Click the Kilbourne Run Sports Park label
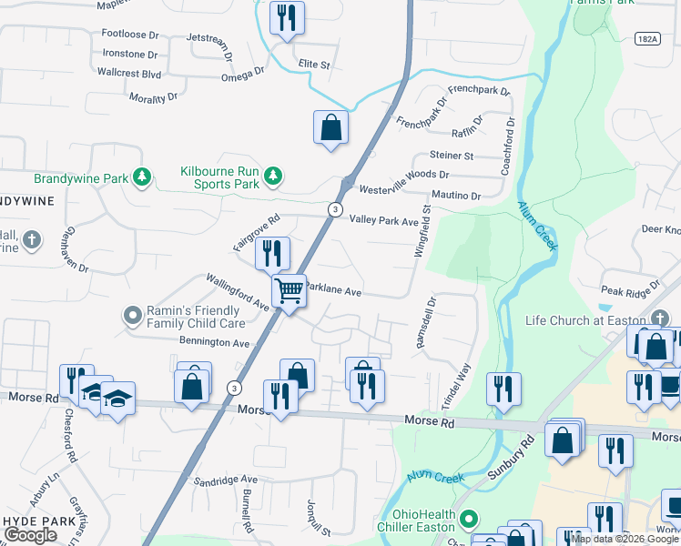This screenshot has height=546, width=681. click(x=219, y=177)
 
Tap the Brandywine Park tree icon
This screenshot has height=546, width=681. click(x=141, y=177)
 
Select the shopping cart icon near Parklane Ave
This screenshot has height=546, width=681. click(x=289, y=292)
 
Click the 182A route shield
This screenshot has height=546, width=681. click(x=646, y=38)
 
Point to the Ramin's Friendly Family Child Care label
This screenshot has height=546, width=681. click(x=196, y=317)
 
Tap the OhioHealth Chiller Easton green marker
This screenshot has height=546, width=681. click(x=469, y=520)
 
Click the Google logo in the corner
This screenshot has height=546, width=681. click(x=30, y=535)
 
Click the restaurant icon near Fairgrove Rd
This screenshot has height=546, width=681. click(x=271, y=253)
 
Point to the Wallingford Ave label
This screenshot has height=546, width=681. click(x=237, y=291)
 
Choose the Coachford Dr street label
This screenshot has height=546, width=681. click(x=508, y=146)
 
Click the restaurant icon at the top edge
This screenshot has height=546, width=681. click(x=287, y=18)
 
